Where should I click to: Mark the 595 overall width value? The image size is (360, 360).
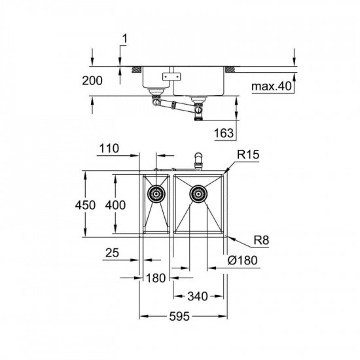(179, 317)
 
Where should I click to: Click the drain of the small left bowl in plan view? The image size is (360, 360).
(156, 194)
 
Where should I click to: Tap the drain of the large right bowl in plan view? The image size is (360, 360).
(198, 194)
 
